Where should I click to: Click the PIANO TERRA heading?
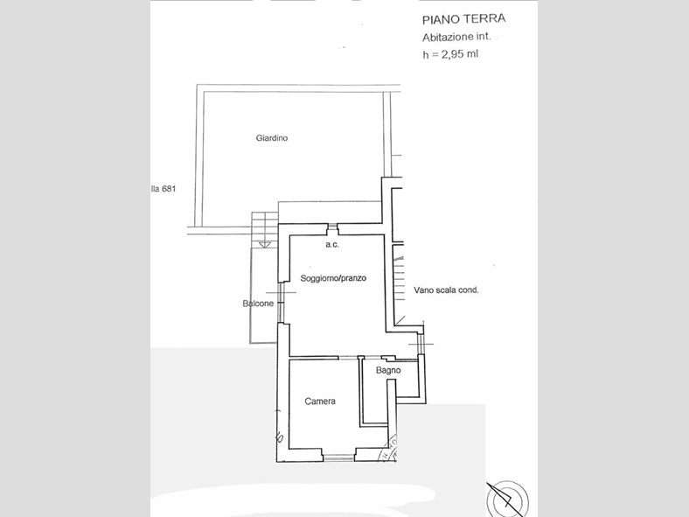point(463,19)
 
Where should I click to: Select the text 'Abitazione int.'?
point(456,37)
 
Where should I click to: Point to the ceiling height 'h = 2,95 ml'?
point(450,54)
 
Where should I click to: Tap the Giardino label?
point(272,138)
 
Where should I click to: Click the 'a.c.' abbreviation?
point(332,244)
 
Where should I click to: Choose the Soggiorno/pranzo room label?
point(333,278)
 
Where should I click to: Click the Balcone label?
point(258,304)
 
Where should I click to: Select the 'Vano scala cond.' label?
point(446,290)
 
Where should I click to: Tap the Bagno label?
point(388,370)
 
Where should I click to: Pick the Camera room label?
point(320,401)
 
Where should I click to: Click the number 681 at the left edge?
point(169,189)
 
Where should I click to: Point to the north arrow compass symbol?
point(505,499)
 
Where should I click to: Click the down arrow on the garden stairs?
point(265,244)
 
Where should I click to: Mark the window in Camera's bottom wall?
point(338,458)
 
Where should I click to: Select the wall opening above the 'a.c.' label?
point(332,227)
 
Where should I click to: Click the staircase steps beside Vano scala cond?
point(398,279)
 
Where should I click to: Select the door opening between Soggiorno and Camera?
point(348,358)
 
